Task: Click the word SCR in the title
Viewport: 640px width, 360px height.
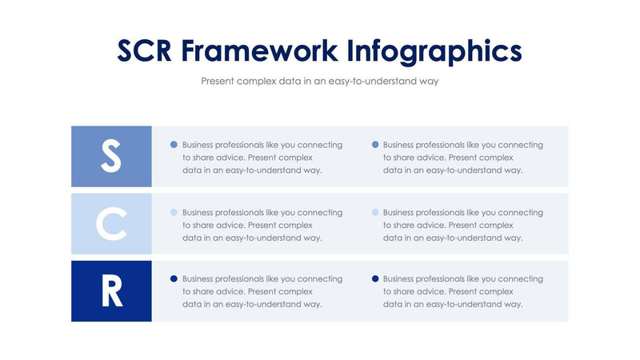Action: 144,50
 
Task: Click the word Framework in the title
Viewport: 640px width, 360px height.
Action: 259,50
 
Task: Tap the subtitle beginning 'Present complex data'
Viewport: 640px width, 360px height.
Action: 319,81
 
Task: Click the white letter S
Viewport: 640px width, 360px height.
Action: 111,156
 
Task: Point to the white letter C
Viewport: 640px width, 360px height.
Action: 111,224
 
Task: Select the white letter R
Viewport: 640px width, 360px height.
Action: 111,291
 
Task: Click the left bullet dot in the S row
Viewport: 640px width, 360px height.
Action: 174,145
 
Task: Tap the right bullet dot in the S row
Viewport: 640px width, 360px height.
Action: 374,145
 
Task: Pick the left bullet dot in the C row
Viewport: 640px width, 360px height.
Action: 174,213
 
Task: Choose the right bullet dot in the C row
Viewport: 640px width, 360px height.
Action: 374,213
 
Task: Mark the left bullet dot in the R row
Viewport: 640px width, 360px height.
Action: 174,279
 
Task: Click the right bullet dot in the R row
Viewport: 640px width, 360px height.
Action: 374,279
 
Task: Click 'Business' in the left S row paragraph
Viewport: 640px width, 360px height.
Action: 200,145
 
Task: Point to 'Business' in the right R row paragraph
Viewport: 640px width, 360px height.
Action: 401,279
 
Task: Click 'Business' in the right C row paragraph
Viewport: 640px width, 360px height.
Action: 401,213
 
